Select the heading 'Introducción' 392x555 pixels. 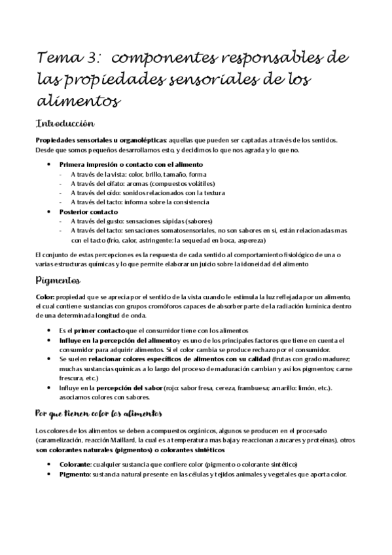(x=66, y=123)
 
